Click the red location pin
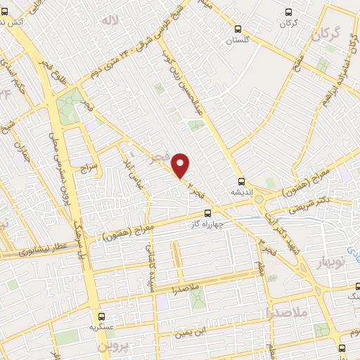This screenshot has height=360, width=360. point(181,166)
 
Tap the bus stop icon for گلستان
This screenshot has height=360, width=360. point(238,30)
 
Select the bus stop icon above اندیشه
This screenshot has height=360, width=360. point(240,180)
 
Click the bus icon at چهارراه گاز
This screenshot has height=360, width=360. point(207,212)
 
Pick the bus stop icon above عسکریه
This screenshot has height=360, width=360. point(103,316)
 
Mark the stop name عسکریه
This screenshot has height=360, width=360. point(103,328)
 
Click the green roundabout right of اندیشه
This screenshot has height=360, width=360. point(259,199)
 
